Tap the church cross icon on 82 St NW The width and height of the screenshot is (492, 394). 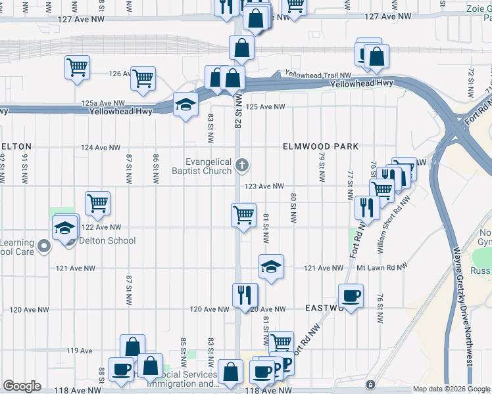click(242, 165)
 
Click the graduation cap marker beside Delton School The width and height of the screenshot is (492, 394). click(65, 229)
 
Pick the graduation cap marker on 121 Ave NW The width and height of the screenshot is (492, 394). click(270, 267)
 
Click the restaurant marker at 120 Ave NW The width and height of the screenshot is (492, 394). click(245, 296)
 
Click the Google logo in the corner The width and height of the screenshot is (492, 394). click(22, 386)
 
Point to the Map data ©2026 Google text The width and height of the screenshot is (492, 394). click(451, 389)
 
